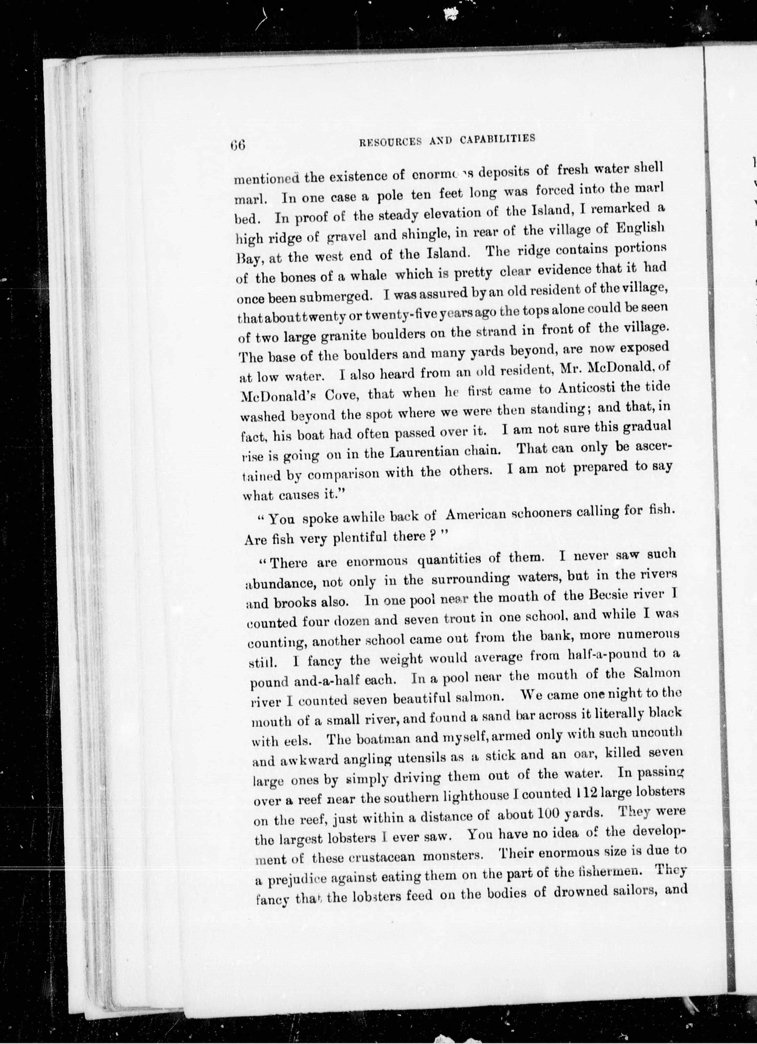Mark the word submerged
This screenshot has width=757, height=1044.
pyautogui.click(x=333, y=296)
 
